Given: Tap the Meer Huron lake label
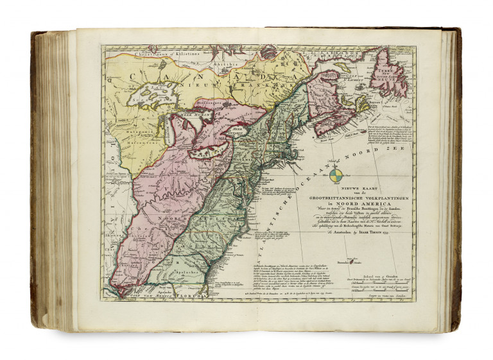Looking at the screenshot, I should [x=191, y=114].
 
